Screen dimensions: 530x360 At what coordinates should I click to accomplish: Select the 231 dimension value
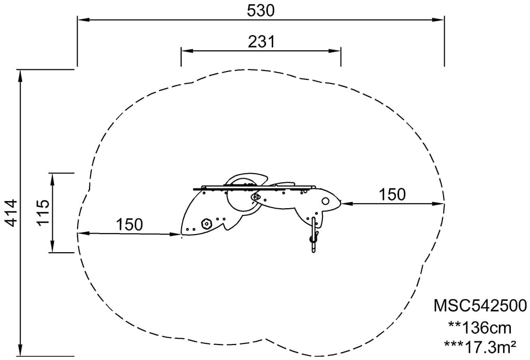point(261,42)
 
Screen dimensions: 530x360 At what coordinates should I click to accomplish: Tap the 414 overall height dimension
point(11,213)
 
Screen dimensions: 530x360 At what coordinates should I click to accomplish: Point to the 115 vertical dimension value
point(43,212)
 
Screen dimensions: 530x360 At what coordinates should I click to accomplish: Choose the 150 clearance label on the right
point(392,195)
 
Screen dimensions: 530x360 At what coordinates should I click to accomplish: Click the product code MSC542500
point(480,306)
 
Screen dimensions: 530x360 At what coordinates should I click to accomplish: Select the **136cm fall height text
point(480,328)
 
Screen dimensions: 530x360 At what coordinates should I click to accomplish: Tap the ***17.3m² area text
point(480,347)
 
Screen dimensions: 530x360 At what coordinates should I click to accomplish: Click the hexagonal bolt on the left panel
point(206,224)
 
